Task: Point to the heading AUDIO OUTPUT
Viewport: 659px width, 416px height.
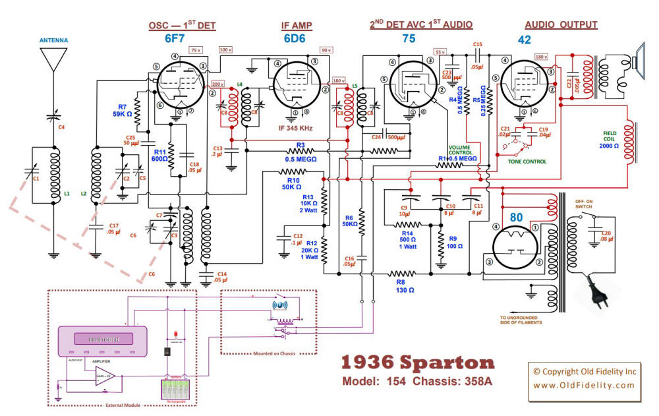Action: [561, 25]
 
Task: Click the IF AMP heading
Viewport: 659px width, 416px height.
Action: [297, 26]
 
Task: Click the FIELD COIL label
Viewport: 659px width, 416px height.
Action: [611, 140]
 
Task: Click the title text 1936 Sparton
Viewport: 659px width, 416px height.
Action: [417, 363]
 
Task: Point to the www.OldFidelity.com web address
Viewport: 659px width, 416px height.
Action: [583, 384]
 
